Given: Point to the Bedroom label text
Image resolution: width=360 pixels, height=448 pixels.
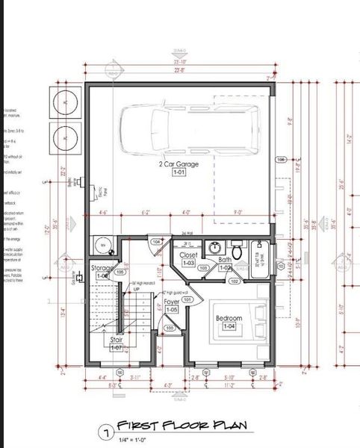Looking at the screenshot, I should (229, 318).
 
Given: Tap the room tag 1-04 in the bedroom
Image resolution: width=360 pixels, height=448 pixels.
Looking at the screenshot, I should (229, 326).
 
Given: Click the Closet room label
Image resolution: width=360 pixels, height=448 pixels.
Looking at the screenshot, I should (188, 255).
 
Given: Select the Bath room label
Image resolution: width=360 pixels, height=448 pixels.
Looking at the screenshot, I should (226, 260).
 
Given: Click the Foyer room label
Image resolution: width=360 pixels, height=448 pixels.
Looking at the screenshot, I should (171, 302).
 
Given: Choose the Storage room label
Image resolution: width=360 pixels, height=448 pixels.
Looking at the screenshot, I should (102, 268).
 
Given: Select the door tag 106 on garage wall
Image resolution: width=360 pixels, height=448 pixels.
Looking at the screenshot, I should (281, 160).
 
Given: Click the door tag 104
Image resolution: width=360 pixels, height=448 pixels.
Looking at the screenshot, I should (156, 242).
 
